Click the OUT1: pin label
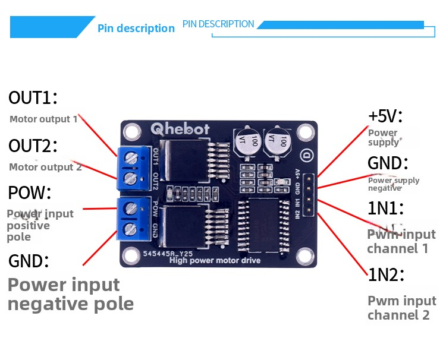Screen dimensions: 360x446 [x=33, y=98]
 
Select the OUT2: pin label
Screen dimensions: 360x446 [x=33, y=146]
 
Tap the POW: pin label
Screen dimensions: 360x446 [x=30, y=193]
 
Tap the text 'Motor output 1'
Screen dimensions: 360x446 [x=43, y=119]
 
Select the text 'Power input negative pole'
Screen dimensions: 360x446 [x=70, y=294]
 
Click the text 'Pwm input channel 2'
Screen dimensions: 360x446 [x=401, y=308]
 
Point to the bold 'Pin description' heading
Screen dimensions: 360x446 [x=136, y=29]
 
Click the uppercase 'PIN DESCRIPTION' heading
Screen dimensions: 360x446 [x=218, y=24]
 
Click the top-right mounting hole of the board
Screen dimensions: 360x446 [x=306, y=131]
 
